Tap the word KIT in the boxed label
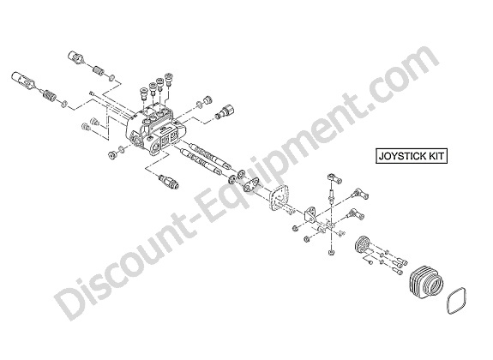[x=436, y=156]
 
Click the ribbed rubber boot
[x=427, y=282]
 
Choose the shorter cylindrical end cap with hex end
[x=76, y=57]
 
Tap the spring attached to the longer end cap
[x=49, y=93]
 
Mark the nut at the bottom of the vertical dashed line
[x=331, y=253]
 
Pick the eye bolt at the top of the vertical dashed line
[x=334, y=177]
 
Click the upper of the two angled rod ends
[x=360, y=193]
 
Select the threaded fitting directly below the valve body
[x=169, y=182]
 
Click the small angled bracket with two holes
[x=310, y=215]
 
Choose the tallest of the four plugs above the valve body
[x=169, y=78]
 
